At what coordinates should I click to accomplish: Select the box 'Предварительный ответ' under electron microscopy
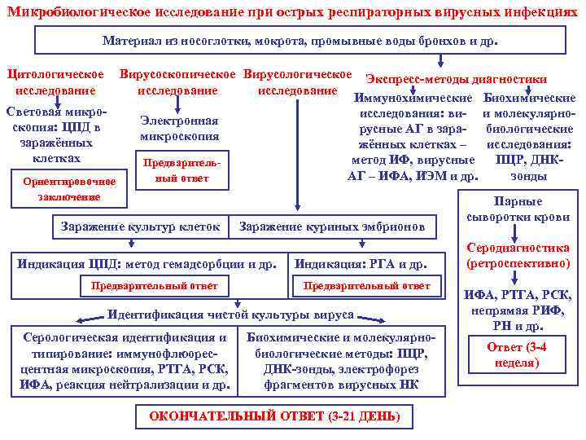(x=177, y=170)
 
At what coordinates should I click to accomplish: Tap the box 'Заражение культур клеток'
(x=140, y=226)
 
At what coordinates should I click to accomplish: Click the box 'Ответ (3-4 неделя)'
(x=517, y=355)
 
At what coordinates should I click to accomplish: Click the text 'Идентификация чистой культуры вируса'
(x=230, y=314)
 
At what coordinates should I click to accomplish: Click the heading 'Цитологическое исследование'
(x=55, y=82)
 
